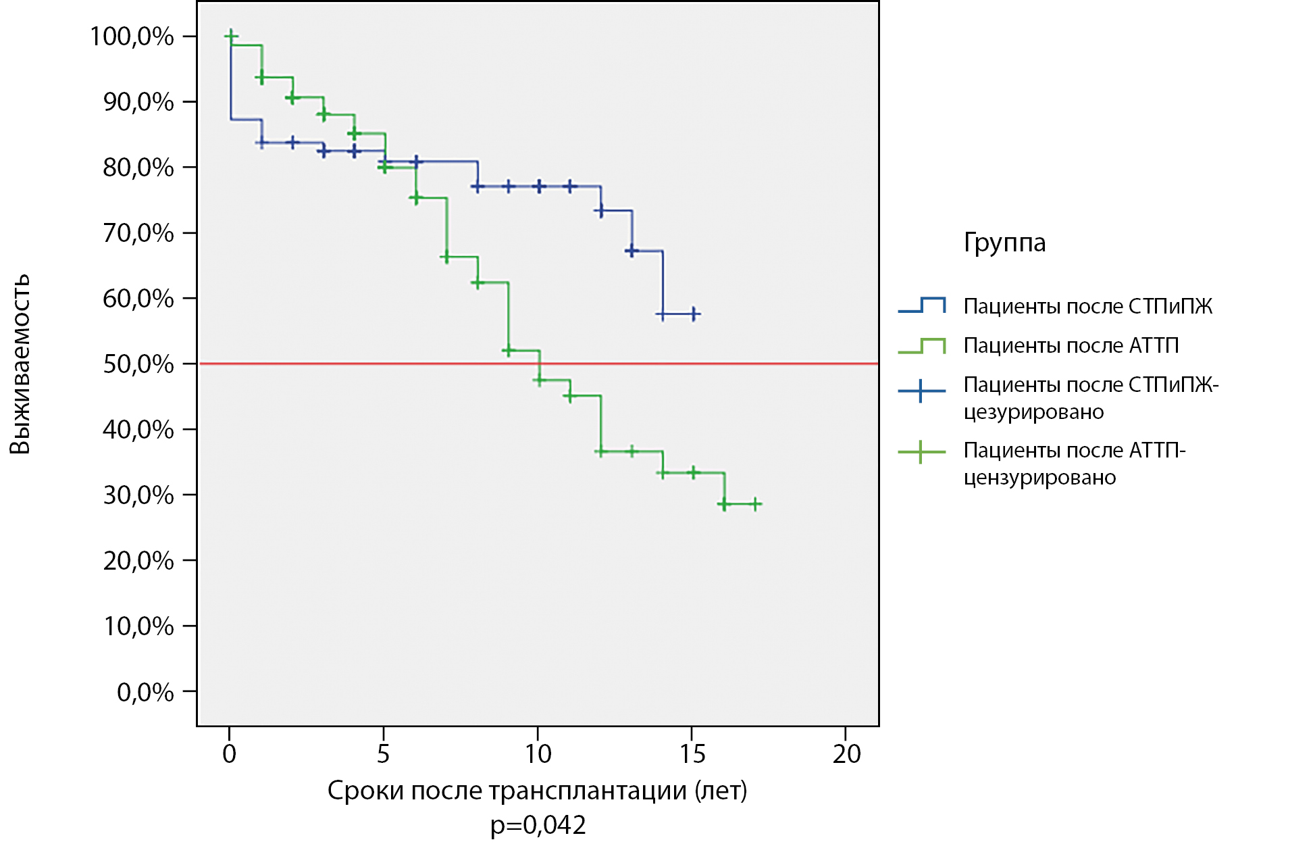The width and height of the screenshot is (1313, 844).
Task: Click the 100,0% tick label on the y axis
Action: [132, 36]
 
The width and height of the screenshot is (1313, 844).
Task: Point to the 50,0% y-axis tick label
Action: [138, 364]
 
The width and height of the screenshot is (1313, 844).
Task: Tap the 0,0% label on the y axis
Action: [145, 692]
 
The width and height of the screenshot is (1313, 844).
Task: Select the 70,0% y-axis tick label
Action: [138, 233]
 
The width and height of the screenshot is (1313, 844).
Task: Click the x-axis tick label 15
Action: [692, 753]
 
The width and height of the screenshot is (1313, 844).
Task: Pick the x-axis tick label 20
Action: [846, 753]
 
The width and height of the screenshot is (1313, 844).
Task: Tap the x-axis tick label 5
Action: [384, 753]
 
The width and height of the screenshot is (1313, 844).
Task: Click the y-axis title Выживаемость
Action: [20, 364]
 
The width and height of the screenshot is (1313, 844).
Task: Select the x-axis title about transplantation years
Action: [538, 791]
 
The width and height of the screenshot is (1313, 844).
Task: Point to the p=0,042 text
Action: [538, 825]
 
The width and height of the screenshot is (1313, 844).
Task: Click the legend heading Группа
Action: [1004, 243]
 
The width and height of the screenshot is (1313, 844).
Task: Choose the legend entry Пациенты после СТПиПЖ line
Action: [922, 305]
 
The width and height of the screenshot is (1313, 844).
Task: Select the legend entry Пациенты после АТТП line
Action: [922, 345]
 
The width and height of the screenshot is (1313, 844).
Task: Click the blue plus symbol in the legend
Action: [921, 391]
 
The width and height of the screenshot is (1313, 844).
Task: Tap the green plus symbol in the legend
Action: [921, 451]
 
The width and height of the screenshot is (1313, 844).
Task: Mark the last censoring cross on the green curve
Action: [756, 503]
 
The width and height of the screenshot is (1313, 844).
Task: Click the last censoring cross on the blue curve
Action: [694, 314]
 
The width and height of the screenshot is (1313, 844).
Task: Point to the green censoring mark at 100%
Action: [231, 35]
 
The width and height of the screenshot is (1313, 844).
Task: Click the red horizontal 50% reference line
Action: [538, 364]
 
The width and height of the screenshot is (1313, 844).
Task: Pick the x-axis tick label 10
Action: [538, 753]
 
